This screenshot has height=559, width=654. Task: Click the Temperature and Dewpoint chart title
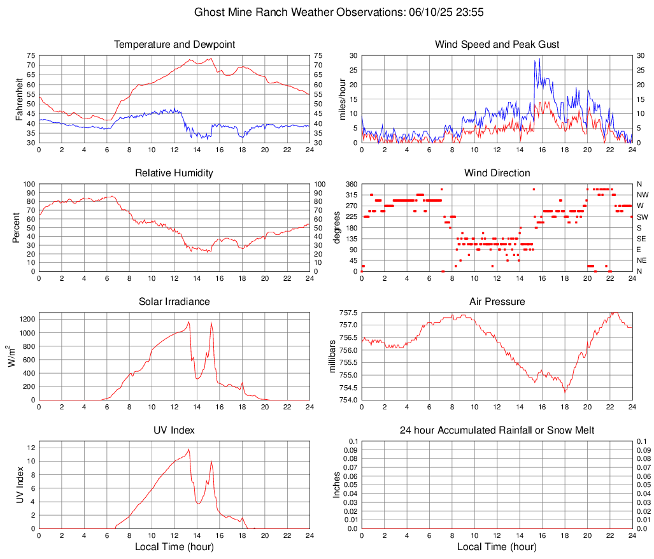pyautogui.click(x=174, y=45)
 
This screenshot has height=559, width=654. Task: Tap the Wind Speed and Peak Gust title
pyautogui.click(x=497, y=45)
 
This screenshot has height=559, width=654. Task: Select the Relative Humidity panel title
pyautogui.click(x=174, y=173)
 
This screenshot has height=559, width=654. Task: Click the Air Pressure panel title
pyautogui.click(x=497, y=302)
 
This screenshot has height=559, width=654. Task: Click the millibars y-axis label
pyautogui.click(x=332, y=356)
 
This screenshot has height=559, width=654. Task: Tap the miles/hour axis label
pyautogui.click(x=341, y=99)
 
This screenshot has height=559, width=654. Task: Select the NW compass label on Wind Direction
pyautogui.click(x=642, y=195)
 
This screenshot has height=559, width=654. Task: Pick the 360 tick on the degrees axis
pyautogui.click(x=350, y=184)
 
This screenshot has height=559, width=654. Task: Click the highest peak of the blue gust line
pyautogui.click(x=540, y=59)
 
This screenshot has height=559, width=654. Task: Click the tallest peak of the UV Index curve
pyautogui.click(x=188, y=449)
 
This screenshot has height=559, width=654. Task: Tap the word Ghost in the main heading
pyautogui.click(x=209, y=12)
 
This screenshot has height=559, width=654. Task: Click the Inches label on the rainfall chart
pyautogui.click(x=337, y=485)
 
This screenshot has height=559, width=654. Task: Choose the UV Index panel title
pyautogui.click(x=174, y=430)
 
